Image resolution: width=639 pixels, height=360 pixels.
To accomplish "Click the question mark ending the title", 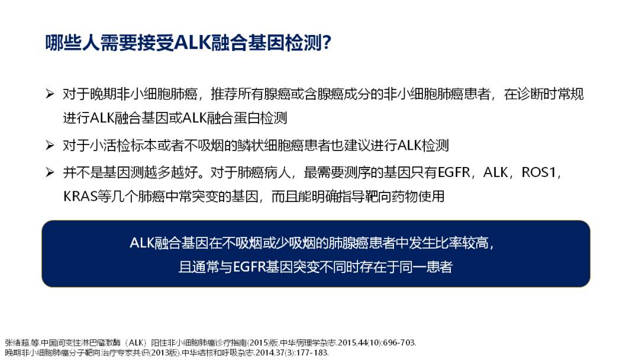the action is click(327, 43).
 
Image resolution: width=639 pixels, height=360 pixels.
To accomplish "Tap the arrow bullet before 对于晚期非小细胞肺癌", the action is click(50, 94).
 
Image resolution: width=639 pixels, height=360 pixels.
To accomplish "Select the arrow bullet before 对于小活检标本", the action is click(50, 145).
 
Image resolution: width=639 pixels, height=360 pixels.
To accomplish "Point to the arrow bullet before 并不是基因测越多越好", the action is click(50, 172).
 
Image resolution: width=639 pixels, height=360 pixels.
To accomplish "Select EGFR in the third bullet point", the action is click(454, 173).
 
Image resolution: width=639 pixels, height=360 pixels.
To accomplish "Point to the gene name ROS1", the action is click(539, 173).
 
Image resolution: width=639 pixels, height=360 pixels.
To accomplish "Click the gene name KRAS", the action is click(80, 197).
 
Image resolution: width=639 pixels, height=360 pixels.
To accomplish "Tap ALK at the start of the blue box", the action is click(142, 243).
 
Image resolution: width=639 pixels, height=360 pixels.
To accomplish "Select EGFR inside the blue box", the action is click(250, 268).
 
